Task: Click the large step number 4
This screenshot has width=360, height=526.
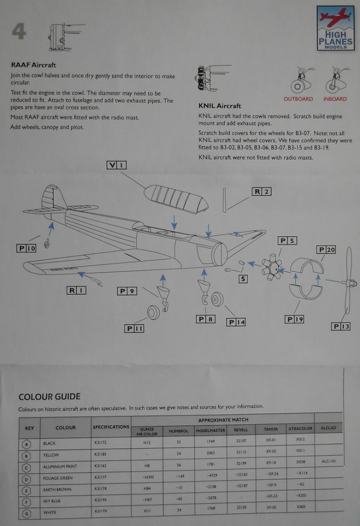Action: (x=19, y=32)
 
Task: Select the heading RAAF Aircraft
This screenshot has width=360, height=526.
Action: (x=33, y=65)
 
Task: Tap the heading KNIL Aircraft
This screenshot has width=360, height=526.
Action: (x=220, y=106)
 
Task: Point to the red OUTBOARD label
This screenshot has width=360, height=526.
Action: (x=298, y=99)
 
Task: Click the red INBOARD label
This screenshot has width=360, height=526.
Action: (x=335, y=99)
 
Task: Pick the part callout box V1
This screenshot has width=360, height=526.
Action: (x=116, y=165)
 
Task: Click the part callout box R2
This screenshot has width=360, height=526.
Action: (x=261, y=191)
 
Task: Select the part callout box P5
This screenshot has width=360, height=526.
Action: (x=287, y=241)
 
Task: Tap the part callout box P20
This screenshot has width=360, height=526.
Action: (x=326, y=250)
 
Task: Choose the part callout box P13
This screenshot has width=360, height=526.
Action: (x=341, y=326)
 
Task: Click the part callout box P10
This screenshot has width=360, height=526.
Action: (x=26, y=248)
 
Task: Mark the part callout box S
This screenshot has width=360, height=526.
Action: (x=242, y=278)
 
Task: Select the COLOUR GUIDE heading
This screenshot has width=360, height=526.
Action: (x=49, y=397)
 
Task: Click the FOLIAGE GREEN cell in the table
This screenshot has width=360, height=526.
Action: (x=58, y=478)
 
